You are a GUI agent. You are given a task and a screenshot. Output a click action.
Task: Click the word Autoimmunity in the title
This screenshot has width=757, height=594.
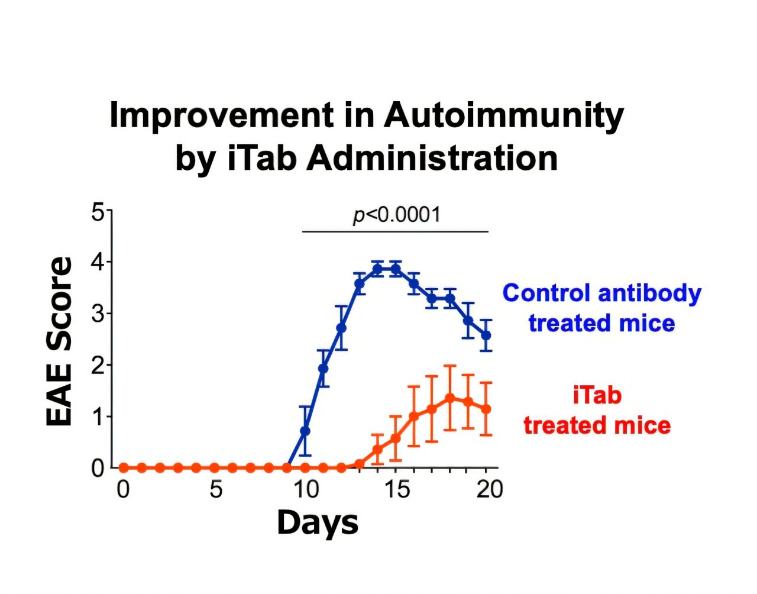pos(503,115)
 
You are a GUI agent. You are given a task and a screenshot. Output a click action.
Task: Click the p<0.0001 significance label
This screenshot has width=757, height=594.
pos(397,215)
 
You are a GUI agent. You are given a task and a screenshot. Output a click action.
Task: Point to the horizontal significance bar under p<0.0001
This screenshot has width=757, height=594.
pos(395,231)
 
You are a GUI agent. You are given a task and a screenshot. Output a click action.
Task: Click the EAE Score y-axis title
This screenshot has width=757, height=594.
pos(59,341)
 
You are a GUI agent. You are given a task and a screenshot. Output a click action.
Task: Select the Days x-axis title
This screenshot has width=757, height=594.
pos(318,522)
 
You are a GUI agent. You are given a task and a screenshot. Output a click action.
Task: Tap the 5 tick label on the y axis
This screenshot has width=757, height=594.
pos(98,212)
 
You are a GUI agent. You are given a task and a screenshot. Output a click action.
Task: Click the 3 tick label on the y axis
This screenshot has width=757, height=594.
pos(98,313)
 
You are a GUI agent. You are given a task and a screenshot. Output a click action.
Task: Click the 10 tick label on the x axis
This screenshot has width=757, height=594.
pos(305,489)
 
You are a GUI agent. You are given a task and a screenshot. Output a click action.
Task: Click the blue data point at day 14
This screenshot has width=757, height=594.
pos(377,269)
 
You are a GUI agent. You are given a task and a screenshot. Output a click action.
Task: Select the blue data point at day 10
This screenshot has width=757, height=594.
pos(305,431)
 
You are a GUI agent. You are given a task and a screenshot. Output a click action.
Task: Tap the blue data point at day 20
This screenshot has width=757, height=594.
pos(486,335)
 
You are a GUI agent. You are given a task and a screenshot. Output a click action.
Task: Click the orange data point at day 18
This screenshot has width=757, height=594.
pos(450,398)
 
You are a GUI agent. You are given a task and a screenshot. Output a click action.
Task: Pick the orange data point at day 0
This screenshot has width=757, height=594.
pos(123,467)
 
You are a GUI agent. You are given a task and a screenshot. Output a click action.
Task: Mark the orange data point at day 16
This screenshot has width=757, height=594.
pos(414,416)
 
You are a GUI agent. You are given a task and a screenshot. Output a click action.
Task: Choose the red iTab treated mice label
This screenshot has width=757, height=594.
pos(597,410)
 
